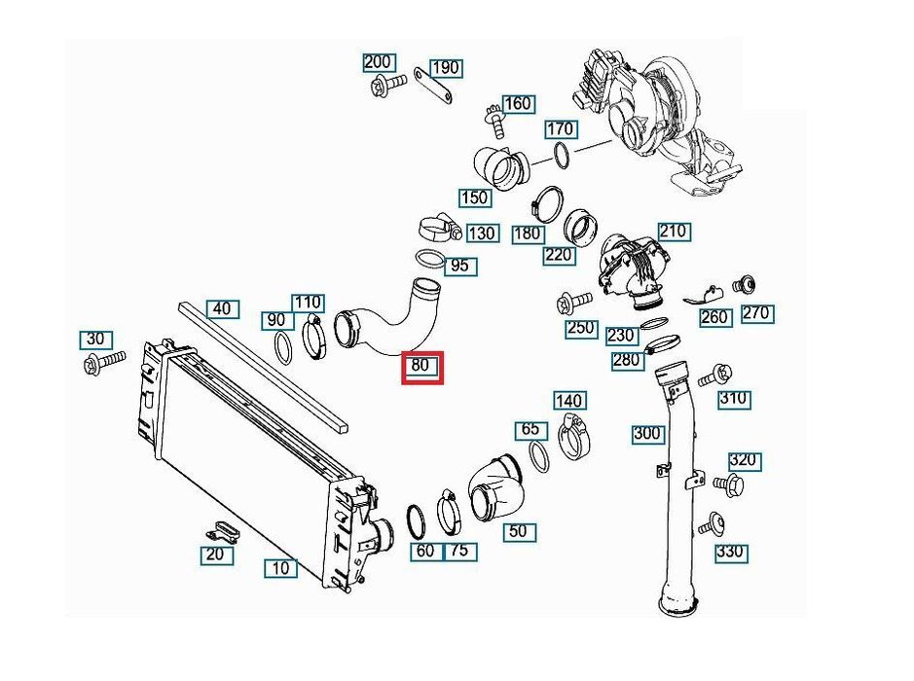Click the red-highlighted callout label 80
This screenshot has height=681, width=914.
[422, 368]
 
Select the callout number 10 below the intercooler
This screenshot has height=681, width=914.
[280, 567]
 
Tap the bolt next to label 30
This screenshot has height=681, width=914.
[101, 363]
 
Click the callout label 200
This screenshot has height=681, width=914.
[378, 62]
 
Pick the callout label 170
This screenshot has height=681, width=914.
[560, 128]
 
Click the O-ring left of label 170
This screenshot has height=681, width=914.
[562, 155]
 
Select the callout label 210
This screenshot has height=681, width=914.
[674, 232]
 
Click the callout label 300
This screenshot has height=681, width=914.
[647, 434]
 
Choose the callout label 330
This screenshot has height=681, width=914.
[730, 552]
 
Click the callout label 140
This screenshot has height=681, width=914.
[568, 400]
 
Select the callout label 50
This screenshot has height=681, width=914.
[518, 531]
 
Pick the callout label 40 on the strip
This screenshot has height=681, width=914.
[223, 309]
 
